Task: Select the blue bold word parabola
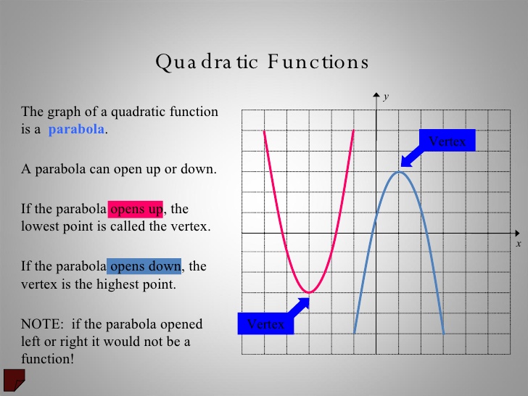(x=77, y=131)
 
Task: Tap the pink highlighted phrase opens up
(x=136, y=210)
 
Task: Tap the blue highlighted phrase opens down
(x=144, y=266)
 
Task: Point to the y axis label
(x=387, y=96)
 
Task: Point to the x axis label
(x=519, y=244)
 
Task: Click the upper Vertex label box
(x=447, y=141)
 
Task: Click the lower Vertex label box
(x=265, y=324)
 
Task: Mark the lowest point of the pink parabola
(x=309, y=292)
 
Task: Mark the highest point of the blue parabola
(x=399, y=171)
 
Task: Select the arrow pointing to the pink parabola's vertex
(x=299, y=305)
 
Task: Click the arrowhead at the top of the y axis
(x=376, y=95)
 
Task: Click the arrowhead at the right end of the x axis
(x=518, y=233)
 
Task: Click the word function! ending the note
(x=48, y=358)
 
